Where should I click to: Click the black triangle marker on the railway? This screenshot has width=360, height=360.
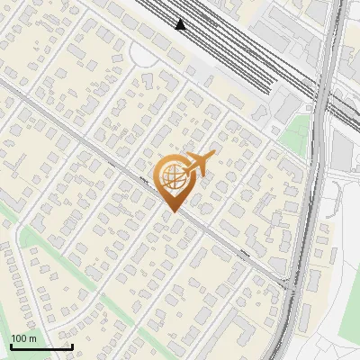181,24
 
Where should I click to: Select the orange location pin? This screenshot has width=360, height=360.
173,181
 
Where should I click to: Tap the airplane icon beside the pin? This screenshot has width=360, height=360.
199,164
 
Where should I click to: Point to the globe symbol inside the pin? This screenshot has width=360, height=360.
173,176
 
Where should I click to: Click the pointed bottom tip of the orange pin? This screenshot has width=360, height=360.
173,211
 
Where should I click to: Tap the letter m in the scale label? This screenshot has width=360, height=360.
33,338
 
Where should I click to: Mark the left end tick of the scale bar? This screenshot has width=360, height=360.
11,346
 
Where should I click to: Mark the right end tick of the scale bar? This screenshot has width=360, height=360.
72,346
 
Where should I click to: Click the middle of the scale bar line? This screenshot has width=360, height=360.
41,347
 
